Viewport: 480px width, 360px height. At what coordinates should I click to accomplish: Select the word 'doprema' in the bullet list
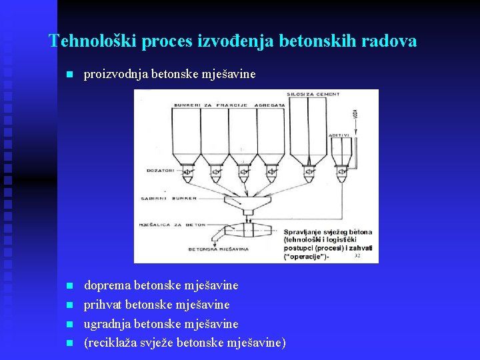tap(107, 285)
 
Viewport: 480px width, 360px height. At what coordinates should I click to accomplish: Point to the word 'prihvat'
tap(103, 305)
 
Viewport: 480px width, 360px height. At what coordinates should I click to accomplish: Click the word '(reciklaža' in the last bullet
tap(109, 343)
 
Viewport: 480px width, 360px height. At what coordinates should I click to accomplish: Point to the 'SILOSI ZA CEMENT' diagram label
tap(313, 95)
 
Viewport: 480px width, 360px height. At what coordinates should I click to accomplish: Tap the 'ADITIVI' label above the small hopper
tap(340, 135)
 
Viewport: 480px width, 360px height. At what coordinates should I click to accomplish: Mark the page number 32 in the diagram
tap(358, 256)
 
